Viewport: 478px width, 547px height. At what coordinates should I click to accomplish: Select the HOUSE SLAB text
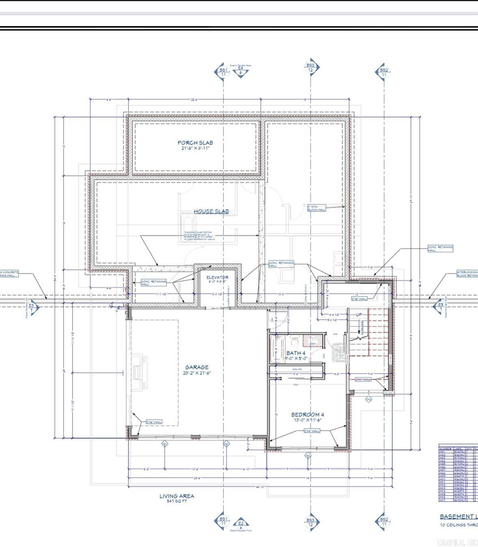(x=211, y=211)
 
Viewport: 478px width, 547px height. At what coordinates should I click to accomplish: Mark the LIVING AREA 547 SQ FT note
(x=177, y=498)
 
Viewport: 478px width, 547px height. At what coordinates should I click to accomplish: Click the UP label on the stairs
(x=359, y=314)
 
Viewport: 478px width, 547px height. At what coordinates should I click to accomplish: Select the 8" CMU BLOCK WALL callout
(x=317, y=208)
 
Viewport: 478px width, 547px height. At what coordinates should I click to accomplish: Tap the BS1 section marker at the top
(x=223, y=72)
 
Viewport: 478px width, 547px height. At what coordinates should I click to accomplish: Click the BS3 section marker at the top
(x=310, y=67)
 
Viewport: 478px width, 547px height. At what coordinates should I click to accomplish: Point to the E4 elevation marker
(x=241, y=71)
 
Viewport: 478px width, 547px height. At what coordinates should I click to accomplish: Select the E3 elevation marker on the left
(x=32, y=307)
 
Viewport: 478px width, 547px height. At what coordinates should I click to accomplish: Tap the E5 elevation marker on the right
(x=440, y=307)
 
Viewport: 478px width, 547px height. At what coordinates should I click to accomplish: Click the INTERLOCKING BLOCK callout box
(x=467, y=274)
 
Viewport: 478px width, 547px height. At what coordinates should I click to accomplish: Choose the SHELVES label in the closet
(x=297, y=369)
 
